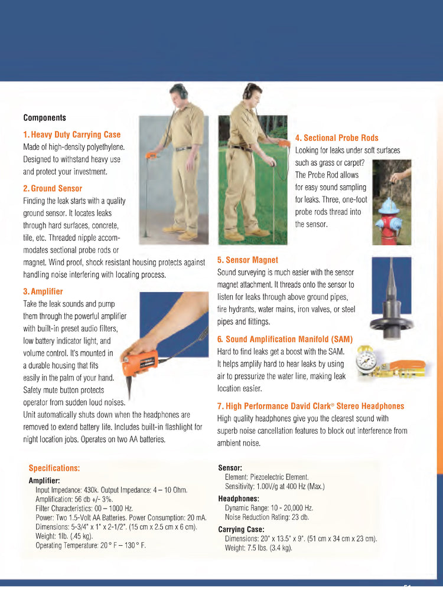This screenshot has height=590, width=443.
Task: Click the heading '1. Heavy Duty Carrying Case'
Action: pyautogui.click(x=71, y=135)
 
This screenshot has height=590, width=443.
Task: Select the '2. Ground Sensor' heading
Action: pyautogui.click(x=53, y=188)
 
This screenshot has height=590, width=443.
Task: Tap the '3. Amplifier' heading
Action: pyautogui.click(x=43, y=291)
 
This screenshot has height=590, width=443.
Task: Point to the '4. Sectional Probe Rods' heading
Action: pyautogui.click(x=337, y=138)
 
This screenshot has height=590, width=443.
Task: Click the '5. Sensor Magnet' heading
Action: pyautogui.click(x=247, y=260)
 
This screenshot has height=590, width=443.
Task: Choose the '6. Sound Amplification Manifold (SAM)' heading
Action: pyautogui.click(x=285, y=339)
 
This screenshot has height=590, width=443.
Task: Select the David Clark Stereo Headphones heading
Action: pyautogui.click(x=311, y=406)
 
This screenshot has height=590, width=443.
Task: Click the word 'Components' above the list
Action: pyautogui.click(x=44, y=117)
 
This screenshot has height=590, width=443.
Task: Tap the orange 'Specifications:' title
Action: pyautogui.click(x=54, y=468)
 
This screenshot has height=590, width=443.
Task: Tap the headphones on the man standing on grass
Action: pyautogui.click(x=249, y=92)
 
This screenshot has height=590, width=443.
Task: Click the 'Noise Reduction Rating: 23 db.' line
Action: pyautogui.click(x=269, y=517)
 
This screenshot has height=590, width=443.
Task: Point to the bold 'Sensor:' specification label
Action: pyautogui.click(x=230, y=468)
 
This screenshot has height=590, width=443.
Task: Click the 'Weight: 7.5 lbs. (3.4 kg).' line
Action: pyautogui.click(x=258, y=548)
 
